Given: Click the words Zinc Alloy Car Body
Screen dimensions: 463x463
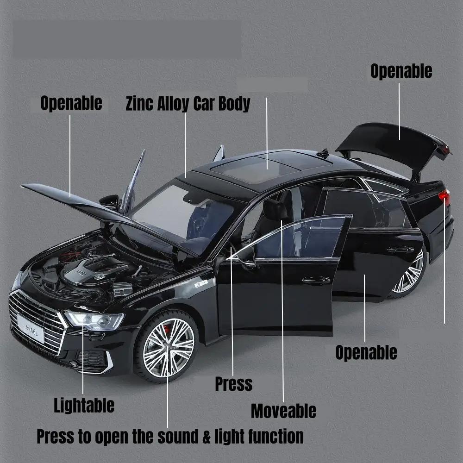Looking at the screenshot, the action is tap(188, 103).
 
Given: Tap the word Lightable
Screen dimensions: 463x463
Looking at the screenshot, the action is tap(84, 405).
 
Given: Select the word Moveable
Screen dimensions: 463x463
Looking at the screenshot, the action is tap(283, 410).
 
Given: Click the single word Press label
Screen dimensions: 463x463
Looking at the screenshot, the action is tap(233, 383).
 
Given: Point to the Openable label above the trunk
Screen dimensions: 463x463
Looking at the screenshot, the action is tap(401, 71).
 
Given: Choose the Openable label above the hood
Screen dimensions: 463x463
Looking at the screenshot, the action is tap(71, 103).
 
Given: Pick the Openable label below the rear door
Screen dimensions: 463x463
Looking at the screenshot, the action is tap(366, 352).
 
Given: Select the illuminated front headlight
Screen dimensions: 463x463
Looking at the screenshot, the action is tap(94, 319).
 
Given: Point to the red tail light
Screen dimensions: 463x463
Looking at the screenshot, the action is tap(444, 197).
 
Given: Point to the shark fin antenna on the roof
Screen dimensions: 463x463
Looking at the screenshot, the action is tap(325, 153).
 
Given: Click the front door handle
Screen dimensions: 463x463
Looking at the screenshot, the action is tap(316, 280).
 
